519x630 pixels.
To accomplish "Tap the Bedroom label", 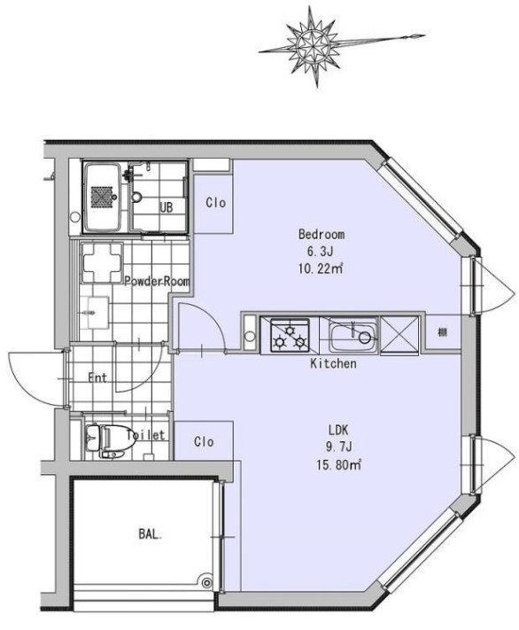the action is (x=321, y=234).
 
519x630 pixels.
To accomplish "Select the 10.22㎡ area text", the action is (x=321, y=268).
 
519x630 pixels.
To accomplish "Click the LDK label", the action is (x=338, y=431).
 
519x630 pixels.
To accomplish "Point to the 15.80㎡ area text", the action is (x=338, y=465).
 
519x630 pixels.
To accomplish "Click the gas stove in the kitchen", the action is (x=290, y=336).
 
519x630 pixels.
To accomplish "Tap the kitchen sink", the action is (x=353, y=337).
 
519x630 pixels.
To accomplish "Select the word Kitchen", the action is (x=333, y=363).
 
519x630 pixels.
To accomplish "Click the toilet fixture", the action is (x=110, y=441).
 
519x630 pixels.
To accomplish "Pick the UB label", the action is (x=166, y=207).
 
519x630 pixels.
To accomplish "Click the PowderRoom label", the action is (x=157, y=281).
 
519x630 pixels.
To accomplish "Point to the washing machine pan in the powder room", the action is (x=102, y=263).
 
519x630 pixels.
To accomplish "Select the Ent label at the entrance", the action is (x=97, y=377).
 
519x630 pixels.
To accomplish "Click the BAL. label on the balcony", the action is (x=151, y=534).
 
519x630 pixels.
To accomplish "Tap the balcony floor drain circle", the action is (x=206, y=582).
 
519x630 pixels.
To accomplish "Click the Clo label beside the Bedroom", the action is (x=216, y=203).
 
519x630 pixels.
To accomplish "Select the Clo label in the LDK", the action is (x=204, y=442).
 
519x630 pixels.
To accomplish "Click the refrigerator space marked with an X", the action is (x=399, y=336).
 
